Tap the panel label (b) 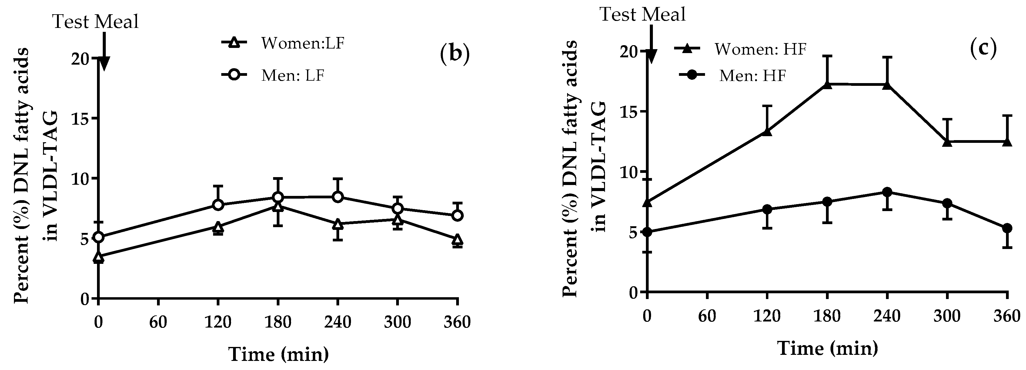click(455, 55)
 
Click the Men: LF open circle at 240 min click(338, 197)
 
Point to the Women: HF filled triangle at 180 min click(827, 84)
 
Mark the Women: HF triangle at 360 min click(1007, 142)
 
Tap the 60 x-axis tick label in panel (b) click(158, 321)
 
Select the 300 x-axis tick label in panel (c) click(947, 316)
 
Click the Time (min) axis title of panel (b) click(279, 354)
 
